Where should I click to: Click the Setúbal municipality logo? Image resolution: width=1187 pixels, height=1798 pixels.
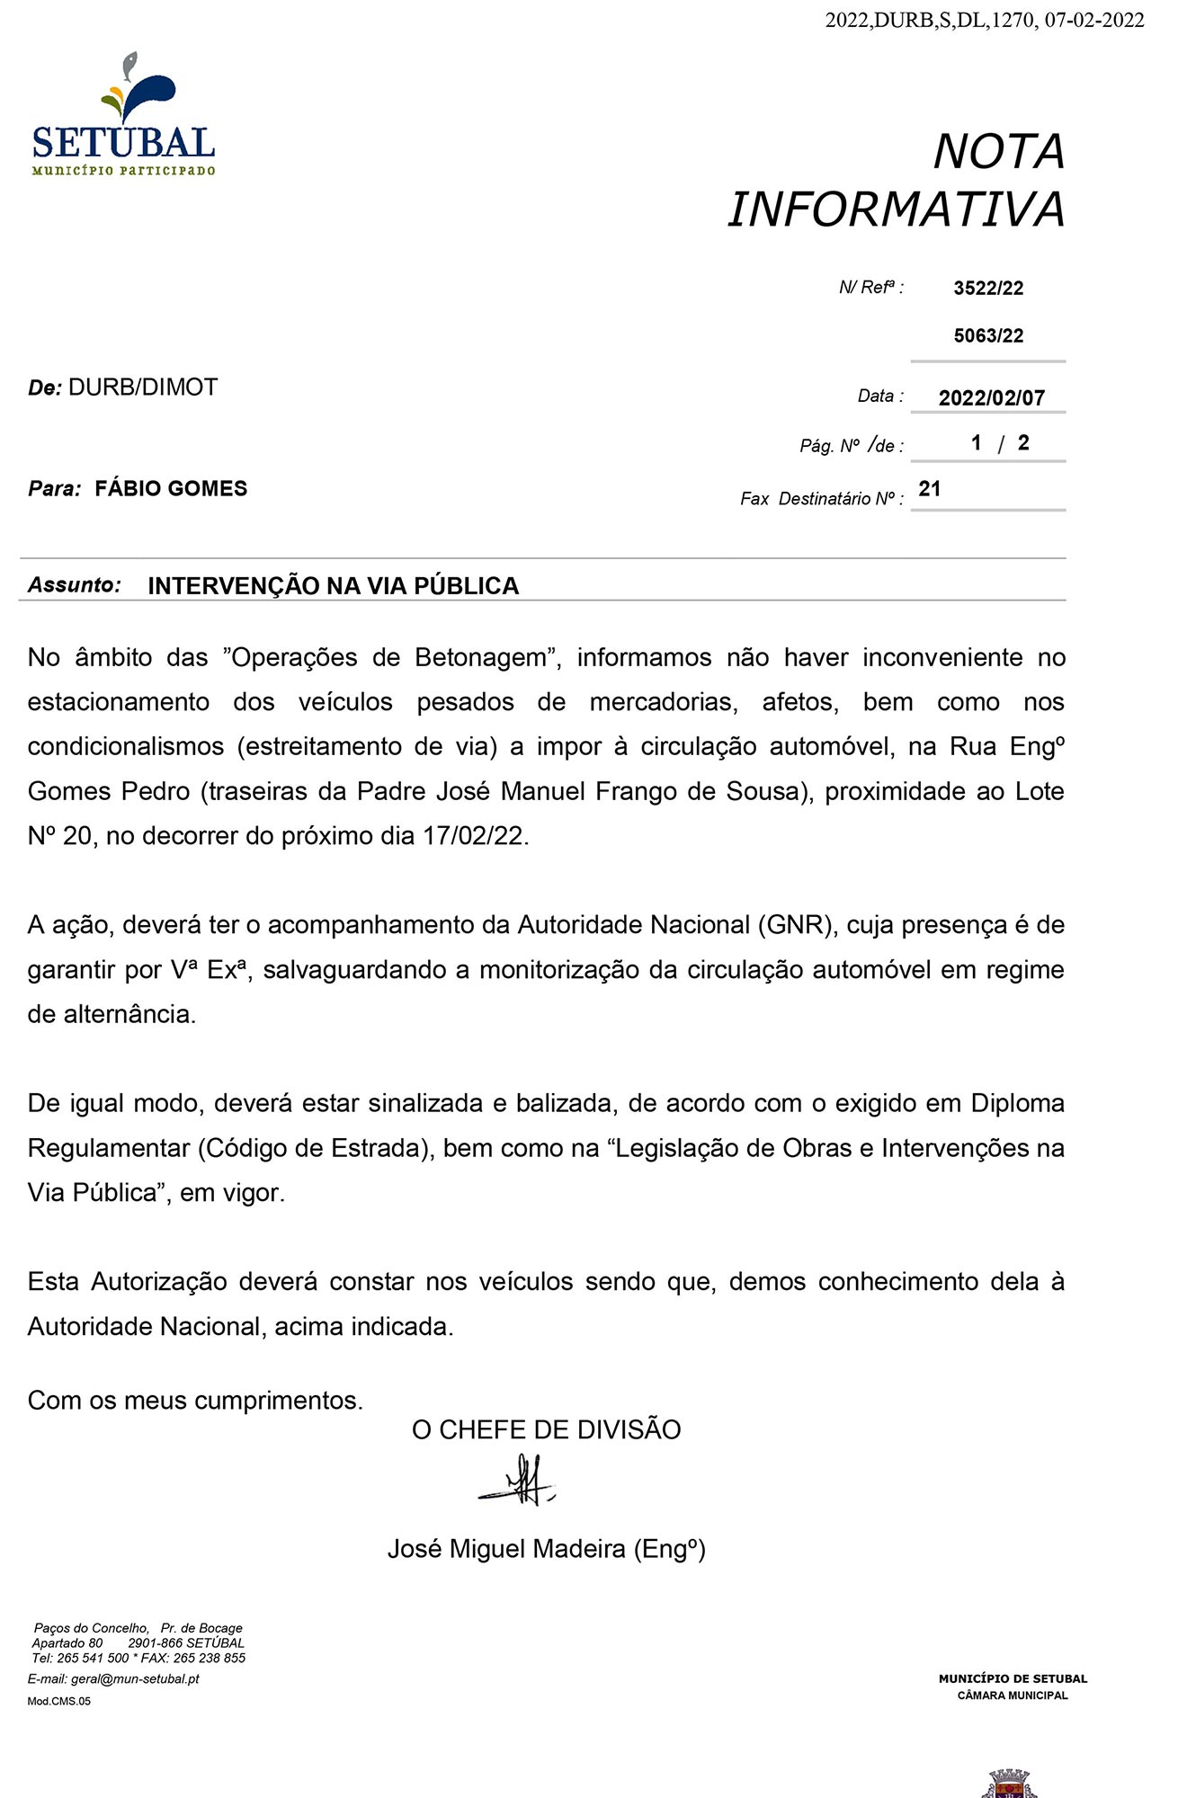coord(123,115)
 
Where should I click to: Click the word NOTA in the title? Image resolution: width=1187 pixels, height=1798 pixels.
coord(998,152)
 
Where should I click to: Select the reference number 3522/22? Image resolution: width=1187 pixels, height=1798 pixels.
coord(988,289)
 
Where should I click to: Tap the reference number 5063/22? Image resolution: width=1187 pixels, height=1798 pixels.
coord(988,336)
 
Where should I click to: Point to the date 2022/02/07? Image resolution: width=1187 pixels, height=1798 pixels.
coord(991,398)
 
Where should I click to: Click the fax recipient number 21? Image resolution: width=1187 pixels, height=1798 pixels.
coord(930,489)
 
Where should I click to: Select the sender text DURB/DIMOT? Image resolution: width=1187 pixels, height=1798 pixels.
coord(143,387)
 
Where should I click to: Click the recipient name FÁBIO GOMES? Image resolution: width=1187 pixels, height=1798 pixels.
coord(171,489)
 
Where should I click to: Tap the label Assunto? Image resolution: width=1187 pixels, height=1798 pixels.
coord(75,585)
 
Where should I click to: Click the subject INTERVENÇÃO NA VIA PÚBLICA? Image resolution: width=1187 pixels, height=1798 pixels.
coord(333,586)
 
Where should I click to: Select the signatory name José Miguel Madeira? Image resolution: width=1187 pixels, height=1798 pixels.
coord(506,1549)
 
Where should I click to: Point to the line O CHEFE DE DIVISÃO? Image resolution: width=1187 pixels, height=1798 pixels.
coord(546,1430)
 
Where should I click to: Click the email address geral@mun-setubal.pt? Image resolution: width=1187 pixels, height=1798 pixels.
coord(135,1678)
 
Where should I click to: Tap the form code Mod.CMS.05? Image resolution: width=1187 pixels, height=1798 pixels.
coord(58,1701)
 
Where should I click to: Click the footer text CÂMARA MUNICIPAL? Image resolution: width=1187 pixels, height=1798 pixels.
coord(1013,1696)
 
